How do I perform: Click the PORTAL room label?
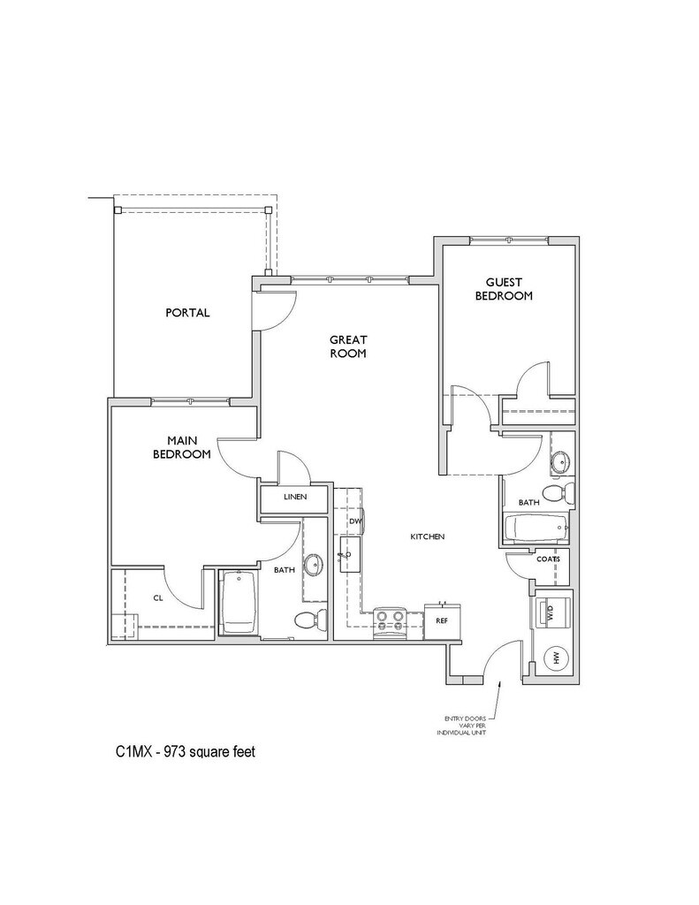[187, 313]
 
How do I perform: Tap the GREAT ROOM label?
[348, 346]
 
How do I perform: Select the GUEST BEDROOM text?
[504, 289]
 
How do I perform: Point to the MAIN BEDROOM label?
[181, 447]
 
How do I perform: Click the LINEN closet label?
[294, 498]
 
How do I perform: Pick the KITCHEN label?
[426, 537]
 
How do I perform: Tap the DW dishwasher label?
[354, 522]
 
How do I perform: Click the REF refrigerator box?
[443, 620]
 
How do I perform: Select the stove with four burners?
[391, 620]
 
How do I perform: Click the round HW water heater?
[557, 658]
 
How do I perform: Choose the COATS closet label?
[547, 559]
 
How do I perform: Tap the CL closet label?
[158, 598]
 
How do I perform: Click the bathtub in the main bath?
[239, 604]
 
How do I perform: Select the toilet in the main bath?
[303, 620]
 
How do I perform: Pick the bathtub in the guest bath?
[536, 529]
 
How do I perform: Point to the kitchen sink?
[347, 555]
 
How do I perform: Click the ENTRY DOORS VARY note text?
[464, 725]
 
